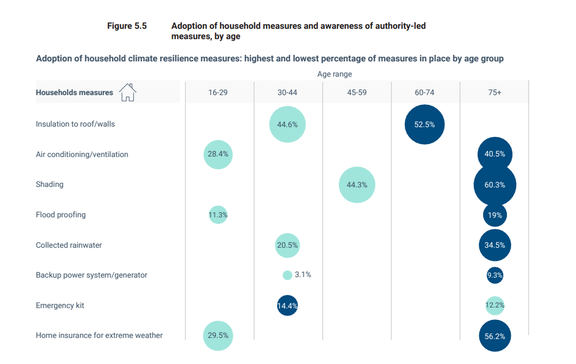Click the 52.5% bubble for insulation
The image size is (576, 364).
click(x=424, y=124)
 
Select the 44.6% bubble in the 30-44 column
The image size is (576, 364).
click(x=287, y=124)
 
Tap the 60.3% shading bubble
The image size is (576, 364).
click(x=494, y=185)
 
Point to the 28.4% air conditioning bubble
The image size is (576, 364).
click(x=218, y=154)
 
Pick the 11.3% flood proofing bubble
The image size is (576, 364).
click(x=218, y=215)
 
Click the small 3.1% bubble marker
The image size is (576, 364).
click(x=287, y=275)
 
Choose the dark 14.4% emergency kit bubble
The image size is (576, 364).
click(x=287, y=305)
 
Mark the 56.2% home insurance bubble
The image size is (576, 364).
click(x=494, y=336)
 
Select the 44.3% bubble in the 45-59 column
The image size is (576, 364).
click(x=356, y=185)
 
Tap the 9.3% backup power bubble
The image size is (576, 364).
click(x=494, y=275)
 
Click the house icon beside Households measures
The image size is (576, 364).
click(x=127, y=92)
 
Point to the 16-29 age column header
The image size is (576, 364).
click(x=218, y=93)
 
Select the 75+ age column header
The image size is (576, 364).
click(x=494, y=93)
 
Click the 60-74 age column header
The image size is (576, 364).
click(x=424, y=93)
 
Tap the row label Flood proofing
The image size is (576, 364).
click(x=61, y=215)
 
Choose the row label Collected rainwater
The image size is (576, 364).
click(x=69, y=245)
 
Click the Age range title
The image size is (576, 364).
click(x=335, y=74)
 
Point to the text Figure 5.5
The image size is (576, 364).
click(x=127, y=26)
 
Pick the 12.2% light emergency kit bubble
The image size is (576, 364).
click(x=494, y=305)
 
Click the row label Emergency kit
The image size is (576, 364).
click(x=60, y=305)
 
